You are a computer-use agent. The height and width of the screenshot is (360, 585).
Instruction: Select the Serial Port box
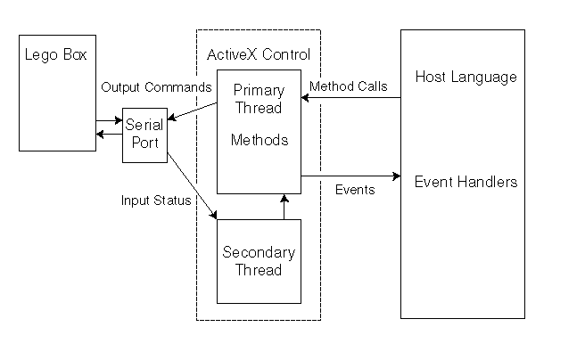click(x=144, y=135)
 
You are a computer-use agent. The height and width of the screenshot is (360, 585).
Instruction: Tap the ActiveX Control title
click(x=258, y=55)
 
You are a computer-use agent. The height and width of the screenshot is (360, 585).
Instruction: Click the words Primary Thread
click(x=258, y=99)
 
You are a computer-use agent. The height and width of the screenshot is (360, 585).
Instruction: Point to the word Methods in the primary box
click(x=258, y=140)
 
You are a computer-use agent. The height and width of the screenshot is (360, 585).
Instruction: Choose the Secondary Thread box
click(x=258, y=261)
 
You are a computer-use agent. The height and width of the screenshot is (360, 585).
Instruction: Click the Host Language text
click(x=466, y=78)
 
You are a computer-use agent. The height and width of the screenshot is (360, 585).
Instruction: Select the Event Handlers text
click(x=466, y=182)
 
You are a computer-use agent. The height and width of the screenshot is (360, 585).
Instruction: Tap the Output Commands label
click(x=156, y=87)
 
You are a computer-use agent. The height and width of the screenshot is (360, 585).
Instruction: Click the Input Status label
click(x=156, y=200)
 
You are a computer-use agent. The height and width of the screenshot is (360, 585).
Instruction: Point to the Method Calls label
click(x=348, y=86)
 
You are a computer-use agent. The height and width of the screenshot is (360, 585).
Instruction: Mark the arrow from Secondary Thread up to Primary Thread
click(x=284, y=206)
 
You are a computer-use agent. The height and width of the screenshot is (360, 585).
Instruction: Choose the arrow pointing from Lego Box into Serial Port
click(x=109, y=119)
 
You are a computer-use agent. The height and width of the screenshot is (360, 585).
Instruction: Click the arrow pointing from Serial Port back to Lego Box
click(x=109, y=134)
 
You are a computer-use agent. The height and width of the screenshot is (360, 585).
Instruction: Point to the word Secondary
click(x=258, y=253)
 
